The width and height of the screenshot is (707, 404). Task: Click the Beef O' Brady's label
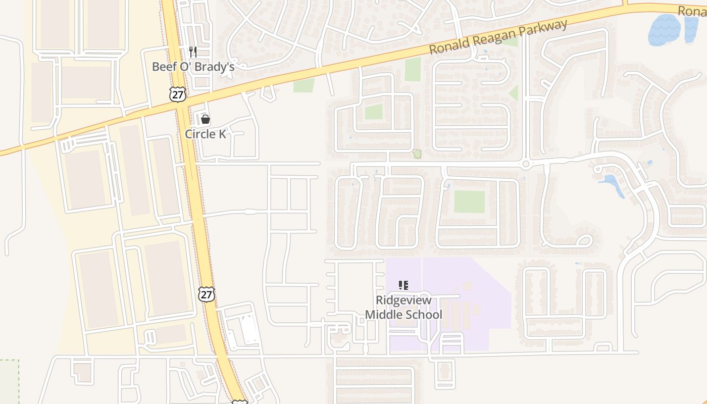pos(193,67)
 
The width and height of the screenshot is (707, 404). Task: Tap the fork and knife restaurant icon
pos(192,52)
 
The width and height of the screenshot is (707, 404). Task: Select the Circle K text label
pos(205,134)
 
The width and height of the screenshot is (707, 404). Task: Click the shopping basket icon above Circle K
pos(205,120)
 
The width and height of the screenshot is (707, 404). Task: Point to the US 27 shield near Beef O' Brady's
pos(177,94)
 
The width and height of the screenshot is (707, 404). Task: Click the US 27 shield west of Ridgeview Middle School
pos(206,294)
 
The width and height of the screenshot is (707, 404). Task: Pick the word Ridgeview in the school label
pos(403,300)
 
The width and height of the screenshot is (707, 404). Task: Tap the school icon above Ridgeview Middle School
pos(403,285)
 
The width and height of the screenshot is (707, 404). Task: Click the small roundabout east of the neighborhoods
pos(526,164)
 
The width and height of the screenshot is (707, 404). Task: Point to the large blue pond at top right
pos(665,29)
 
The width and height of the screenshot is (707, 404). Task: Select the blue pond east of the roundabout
pos(613,183)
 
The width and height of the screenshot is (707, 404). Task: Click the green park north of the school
pos(469,202)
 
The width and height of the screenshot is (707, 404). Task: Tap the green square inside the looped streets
pos(374,112)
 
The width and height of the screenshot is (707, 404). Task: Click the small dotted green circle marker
pos(417,154)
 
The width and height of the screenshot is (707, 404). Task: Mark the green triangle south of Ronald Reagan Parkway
pos(514,93)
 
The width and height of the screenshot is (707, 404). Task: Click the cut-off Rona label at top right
pos(692,11)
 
